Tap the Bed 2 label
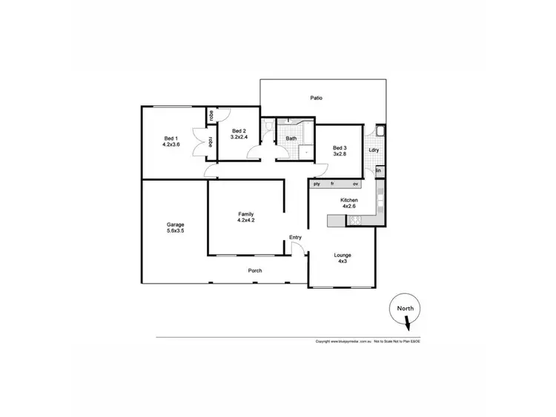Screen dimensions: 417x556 (x=238, y=134)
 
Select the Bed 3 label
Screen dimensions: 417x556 (x=340, y=150)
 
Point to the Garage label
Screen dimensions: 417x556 (x=175, y=227)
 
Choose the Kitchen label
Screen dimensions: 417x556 (x=349, y=204)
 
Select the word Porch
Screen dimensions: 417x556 (x=254, y=270)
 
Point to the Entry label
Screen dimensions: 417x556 (x=296, y=237)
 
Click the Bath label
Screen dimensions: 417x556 (x=291, y=139)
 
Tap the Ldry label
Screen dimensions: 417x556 (x=374, y=150)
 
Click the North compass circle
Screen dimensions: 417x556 (x=405, y=310)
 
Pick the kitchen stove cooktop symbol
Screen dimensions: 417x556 (x=354, y=220)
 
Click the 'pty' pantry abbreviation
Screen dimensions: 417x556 (x=317, y=183)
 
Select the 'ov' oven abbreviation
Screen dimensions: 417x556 (x=356, y=183)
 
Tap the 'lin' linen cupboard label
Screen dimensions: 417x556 (x=379, y=171)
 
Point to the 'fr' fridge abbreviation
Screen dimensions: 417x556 (x=333, y=183)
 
